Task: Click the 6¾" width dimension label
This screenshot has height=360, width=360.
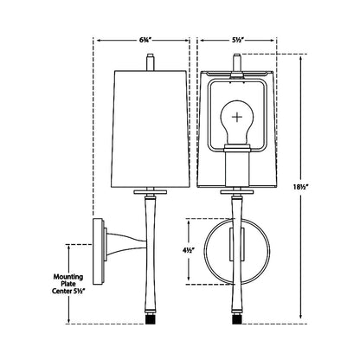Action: (x=144, y=41)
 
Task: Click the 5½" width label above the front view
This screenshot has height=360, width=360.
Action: (x=238, y=41)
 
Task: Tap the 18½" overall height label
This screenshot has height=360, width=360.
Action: (x=300, y=187)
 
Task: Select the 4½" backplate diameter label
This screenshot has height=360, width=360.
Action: (x=188, y=250)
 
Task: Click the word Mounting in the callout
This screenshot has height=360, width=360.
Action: (x=68, y=277)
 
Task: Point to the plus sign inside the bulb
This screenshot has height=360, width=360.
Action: (x=237, y=117)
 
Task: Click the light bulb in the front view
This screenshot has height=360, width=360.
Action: (x=237, y=122)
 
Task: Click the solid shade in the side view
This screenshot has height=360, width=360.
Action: (x=151, y=129)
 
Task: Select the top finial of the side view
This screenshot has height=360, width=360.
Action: (x=151, y=61)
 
